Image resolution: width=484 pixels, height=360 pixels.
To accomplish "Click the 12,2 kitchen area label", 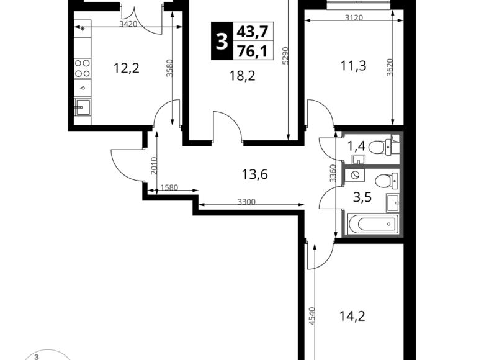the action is (127, 68).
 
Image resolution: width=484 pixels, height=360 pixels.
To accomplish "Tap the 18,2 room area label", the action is (242, 76).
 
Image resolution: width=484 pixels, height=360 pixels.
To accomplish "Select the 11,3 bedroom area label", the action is (354, 66).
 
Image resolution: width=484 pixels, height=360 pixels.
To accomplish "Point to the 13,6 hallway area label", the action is (254, 174).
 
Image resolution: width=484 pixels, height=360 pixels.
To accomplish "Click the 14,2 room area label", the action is (352, 316).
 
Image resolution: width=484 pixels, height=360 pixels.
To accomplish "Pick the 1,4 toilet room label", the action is (357, 146).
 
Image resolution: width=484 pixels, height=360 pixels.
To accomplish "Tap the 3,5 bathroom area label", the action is (362, 197).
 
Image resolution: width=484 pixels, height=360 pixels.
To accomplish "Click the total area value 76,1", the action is (253, 51).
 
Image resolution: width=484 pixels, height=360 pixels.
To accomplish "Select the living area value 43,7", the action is (253, 32).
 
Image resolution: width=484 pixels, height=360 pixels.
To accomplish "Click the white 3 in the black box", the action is (222, 41).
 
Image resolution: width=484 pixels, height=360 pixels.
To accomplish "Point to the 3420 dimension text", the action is (128, 24).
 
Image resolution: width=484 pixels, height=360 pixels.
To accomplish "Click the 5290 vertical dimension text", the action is (285, 56).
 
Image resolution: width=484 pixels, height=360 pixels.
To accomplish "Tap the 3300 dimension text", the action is (246, 202).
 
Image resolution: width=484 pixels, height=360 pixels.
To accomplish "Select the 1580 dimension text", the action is (169, 187).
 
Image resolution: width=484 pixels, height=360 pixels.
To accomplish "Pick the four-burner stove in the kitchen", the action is (83, 68).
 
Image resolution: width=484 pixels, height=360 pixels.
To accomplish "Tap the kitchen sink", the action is (83, 107).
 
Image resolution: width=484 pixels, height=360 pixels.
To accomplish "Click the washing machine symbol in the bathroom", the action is (355, 175).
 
